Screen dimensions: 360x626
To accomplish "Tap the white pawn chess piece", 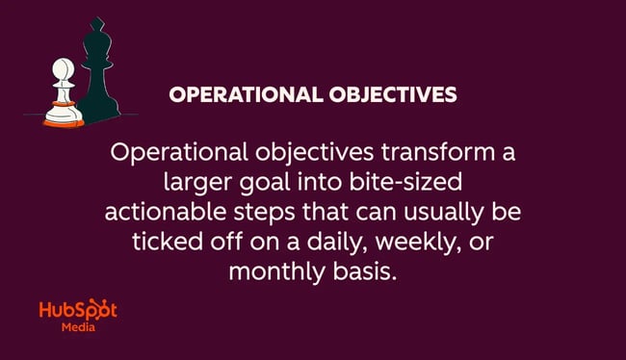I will (61, 97).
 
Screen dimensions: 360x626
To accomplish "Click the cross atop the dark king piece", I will (97, 27).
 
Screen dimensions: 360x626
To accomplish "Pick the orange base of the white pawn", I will (61, 120).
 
